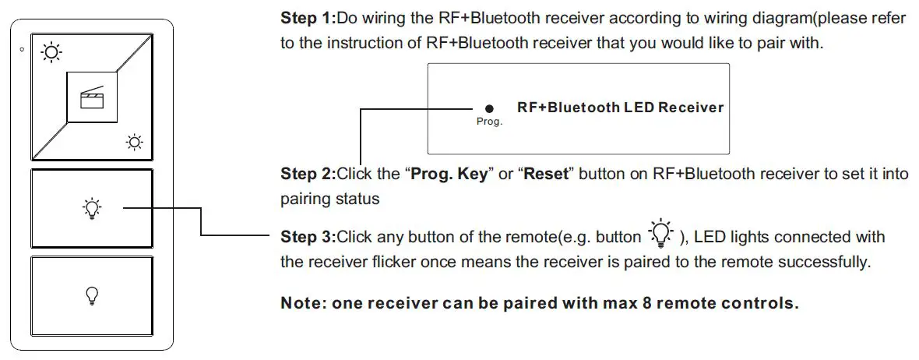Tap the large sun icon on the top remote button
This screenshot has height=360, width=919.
tap(51, 53)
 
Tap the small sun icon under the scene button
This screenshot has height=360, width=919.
tap(134, 142)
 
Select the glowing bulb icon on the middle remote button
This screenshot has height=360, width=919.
tap(92, 208)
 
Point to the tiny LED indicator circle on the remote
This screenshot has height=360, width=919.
tap(22, 51)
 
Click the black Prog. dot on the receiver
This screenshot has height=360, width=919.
tap(488, 109)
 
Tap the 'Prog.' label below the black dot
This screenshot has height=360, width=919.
tap(489, 122)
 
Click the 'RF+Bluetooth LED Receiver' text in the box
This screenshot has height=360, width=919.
tap(620, 108)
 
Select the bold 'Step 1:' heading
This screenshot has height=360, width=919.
tap(308, 18)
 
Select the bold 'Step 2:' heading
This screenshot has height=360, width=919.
tap(308, 174)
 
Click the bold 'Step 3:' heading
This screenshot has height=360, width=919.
tap(308, 236)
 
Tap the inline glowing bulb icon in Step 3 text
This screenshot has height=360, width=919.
tap(660, 232)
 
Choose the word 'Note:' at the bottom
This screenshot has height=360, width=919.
tap(304, 303)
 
